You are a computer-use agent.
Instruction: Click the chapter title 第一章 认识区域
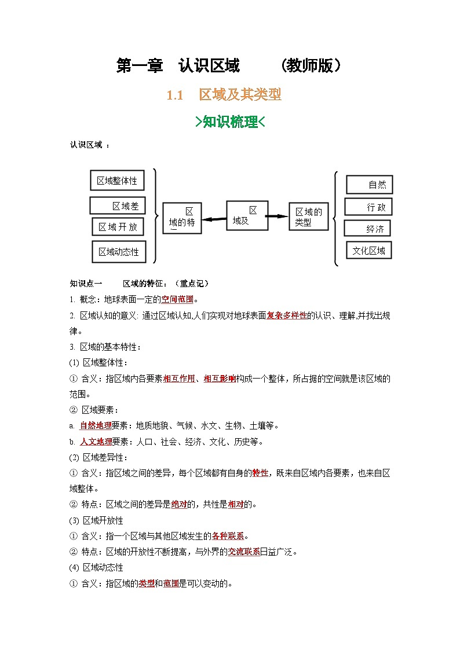click(178, 66)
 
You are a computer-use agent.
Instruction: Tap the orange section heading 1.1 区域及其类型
click(224, 95)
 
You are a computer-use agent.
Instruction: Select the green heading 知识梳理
click(230, 122)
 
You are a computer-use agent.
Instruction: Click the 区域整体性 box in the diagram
click(117, 181)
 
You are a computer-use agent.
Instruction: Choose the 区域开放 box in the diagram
click(118, 227)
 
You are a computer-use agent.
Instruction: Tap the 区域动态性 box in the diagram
click(118, 251)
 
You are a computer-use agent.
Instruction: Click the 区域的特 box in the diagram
click(182, 218)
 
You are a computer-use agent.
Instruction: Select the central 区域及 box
click(247, 216)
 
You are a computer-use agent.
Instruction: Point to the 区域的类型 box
click(309, 216)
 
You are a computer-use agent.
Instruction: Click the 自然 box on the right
click(369, 185)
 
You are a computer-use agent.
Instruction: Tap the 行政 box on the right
click(368, 207)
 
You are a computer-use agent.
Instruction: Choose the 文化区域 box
click(368, 251)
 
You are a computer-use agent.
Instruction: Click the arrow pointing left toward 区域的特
click(214, 219)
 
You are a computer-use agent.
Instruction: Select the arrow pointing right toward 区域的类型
click(278, 216)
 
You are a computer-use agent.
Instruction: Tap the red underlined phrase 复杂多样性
click(287, 316)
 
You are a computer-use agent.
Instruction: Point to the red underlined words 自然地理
click(95, 426)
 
